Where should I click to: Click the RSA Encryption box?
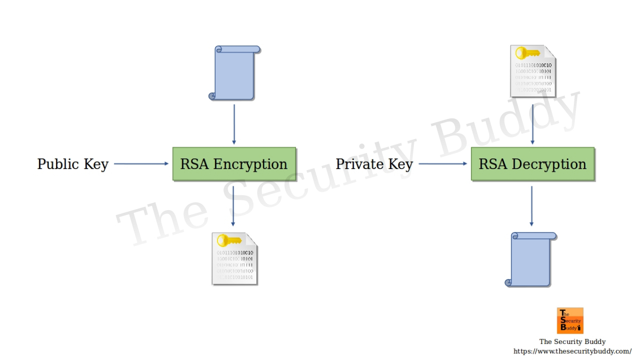click(x=234, y=164)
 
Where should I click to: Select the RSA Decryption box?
click(x=532, y=164)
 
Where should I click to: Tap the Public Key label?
click(x=73, y=164)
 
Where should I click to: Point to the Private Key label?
click(x=374, y=164)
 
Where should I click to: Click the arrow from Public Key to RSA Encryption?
click(x=141, y=164)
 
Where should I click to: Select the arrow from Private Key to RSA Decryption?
click(x=443, y=164)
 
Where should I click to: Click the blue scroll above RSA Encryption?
click(x=234, y=73)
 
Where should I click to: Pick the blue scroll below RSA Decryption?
click(x=531, y=259)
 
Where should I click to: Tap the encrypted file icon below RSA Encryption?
click(x=235, y=259)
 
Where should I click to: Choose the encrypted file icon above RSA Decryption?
click(x=533, y=71)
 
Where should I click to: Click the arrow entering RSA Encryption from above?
click(x=234, y=124)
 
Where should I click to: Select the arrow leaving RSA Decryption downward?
click(x=531, y=206)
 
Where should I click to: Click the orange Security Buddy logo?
click(x=570, y=321)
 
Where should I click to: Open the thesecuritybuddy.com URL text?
click(x=572, y=351)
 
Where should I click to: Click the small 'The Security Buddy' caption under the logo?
click(x=572, y=342)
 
